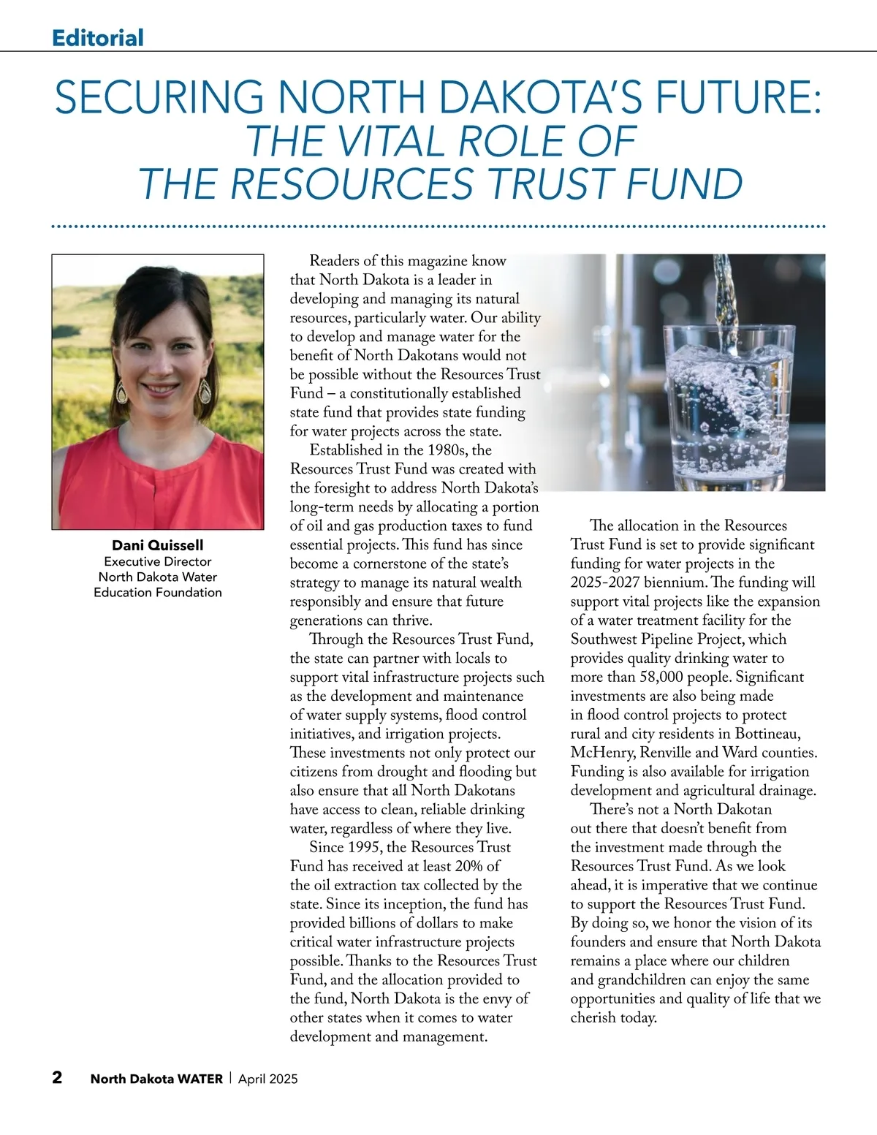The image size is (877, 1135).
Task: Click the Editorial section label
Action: (98, 37)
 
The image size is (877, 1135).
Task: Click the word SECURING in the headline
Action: (159, 98)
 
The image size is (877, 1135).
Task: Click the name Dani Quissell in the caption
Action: (157, 545)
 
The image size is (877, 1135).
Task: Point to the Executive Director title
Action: (157, 561)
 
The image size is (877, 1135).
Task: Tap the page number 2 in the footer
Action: (57, 1078)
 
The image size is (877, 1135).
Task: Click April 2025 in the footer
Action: (268, 1079)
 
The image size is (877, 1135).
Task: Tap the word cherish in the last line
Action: (593, 1018)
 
